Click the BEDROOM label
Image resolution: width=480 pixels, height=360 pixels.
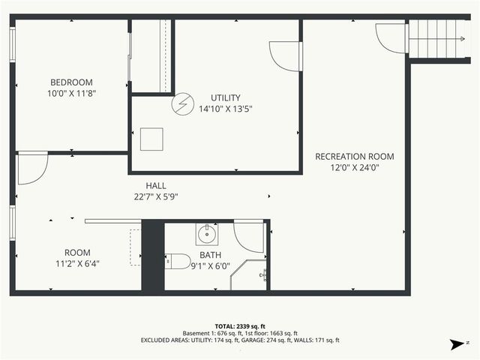[x=71, y=82]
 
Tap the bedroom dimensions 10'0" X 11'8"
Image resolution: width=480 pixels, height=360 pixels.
[x=71, y=94]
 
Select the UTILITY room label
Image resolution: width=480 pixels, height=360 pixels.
[x=225, y=97]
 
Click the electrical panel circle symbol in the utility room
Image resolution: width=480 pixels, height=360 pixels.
[x=182, y=104]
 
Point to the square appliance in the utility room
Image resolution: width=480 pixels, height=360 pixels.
[x=151, y=139]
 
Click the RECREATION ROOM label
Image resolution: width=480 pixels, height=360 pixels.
[x=354, y=157]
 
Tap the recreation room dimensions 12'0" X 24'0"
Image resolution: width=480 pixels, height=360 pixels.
[x=354, y=168]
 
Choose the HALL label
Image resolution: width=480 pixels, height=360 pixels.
[x=157, y=185]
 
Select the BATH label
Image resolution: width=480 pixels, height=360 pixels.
[x=210, y=255]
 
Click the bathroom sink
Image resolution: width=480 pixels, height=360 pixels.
[x=207, y=235]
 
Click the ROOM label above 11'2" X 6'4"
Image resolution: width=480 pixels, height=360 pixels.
[x=77, y=253]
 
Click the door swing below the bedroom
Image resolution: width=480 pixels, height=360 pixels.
[x=31, y=168]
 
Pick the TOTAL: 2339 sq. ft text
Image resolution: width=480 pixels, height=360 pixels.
[x=240, y=326]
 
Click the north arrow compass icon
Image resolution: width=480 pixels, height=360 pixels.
[x=454, y=344]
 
